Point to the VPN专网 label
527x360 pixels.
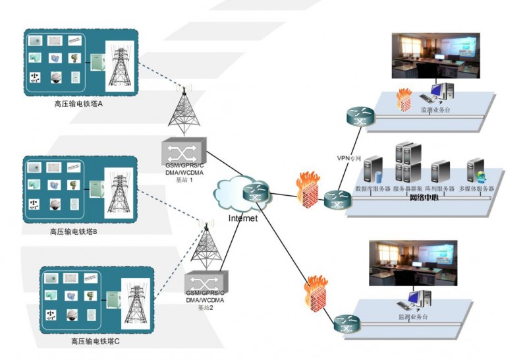[x=349, y=157]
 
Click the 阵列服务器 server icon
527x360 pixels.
[x=440, y=172]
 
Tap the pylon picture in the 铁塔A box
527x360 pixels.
[x=119, y=67]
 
